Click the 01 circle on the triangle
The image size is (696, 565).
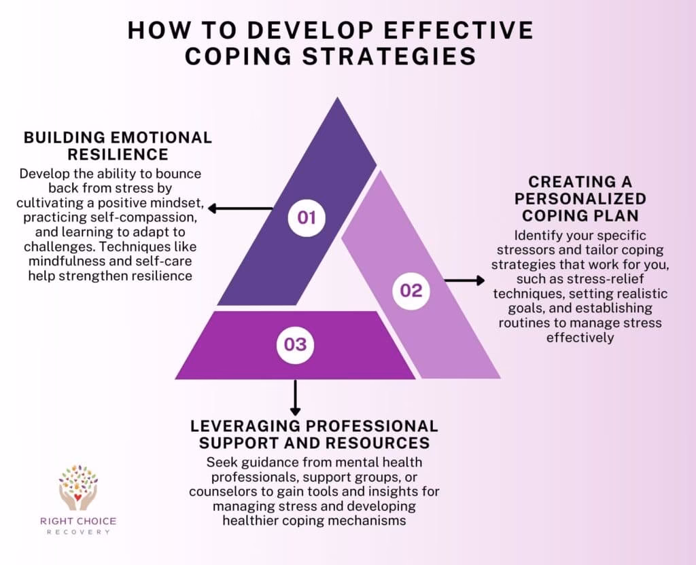307,217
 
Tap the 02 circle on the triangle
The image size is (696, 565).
411,291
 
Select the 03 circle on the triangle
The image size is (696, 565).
295,344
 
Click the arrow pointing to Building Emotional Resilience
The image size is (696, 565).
241,208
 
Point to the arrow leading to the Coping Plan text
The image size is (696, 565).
464,280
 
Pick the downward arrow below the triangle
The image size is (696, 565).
295,398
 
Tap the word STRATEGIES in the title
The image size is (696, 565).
389,56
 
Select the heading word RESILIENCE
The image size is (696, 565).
118,154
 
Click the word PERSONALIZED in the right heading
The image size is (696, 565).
580,199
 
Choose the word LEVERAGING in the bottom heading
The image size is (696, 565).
245,426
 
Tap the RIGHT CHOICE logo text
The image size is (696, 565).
78,521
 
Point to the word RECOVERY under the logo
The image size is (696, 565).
78,532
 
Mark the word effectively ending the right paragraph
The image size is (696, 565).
580,338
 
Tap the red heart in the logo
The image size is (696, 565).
77,496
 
